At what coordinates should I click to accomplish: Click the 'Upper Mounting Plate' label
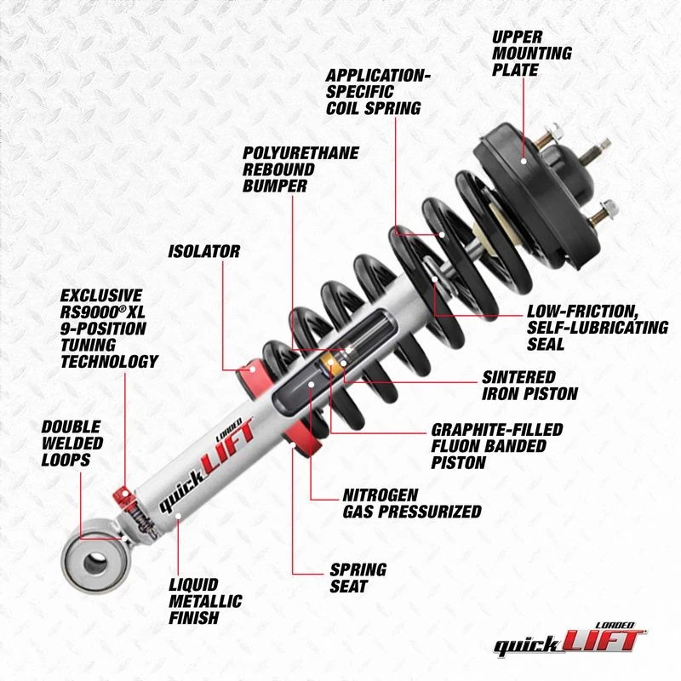click(x=531, y=52)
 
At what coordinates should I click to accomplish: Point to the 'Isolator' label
click(x=203, y=251)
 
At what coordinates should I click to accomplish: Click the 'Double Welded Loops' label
click(x=72, y=442)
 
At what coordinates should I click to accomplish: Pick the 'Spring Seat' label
click(x=358, y=578)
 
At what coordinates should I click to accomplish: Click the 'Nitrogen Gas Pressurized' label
click(x=411, y=502)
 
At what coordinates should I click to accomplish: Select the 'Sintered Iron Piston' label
click(x=530, y=385)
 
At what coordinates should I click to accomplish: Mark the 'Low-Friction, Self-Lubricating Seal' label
click(x=598, y=328)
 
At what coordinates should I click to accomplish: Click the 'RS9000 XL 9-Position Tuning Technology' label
click(x=108, y=328)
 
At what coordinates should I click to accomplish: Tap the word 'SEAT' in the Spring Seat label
click(x=349, y=587)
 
